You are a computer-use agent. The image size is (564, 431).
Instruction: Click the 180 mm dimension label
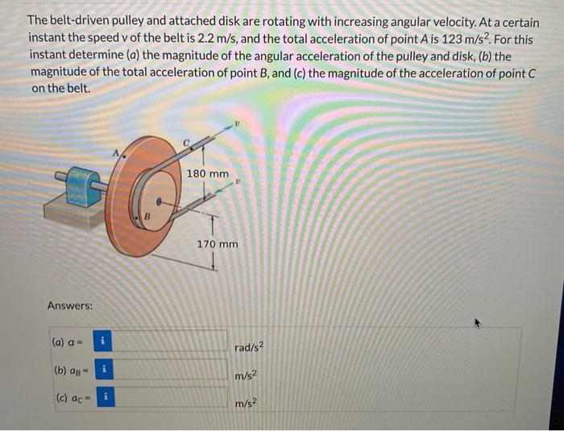tap(207, 174)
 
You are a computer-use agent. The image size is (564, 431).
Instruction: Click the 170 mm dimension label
tap(218, 243)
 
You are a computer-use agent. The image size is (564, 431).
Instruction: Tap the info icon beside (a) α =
tap(103, 341)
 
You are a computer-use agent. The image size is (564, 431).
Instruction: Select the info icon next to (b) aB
tap(103, 370)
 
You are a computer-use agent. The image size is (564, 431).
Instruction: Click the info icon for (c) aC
tap(103, 397)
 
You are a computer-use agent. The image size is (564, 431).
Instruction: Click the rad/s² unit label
tap(249, 349)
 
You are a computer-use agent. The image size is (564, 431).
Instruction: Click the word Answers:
tap(70, 306)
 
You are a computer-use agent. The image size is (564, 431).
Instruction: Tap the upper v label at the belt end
tap(237, 123)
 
